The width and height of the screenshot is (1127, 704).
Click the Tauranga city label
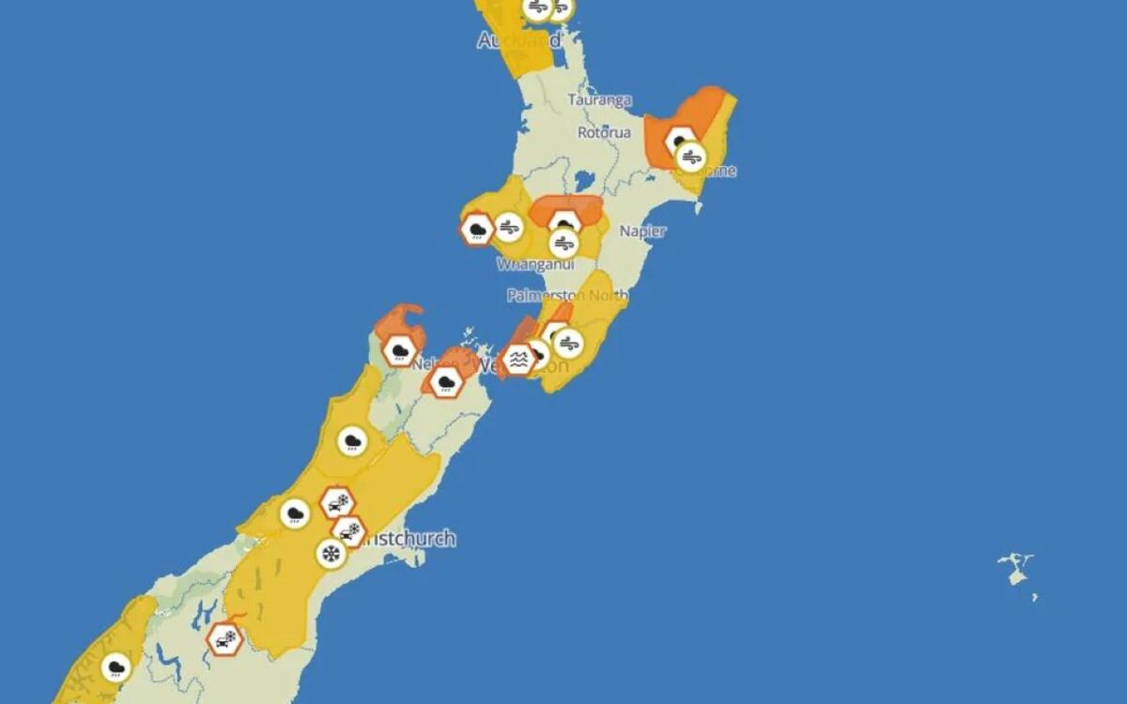pos(599,99)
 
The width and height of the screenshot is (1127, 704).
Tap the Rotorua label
pos(604,132)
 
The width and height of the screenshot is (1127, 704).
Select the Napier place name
pos(643,231)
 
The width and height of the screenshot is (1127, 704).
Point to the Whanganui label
pos(535,265)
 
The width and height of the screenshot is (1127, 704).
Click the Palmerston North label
pos(567,295)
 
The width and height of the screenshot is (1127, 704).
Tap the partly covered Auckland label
pos(519,40)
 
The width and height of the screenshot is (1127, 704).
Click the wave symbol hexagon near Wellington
pos(517,359)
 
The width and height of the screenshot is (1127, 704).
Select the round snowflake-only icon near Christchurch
pos(331,554)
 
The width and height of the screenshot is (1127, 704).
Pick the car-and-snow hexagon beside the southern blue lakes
pos(225,640)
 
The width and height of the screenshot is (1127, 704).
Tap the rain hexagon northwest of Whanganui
pos(477,228)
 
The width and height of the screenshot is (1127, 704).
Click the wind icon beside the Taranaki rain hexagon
pos(509,226)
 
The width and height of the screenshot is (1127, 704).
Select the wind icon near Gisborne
pos(690,156)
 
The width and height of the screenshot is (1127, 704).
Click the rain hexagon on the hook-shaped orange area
pos(400,350)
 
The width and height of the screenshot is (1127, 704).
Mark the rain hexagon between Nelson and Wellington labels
pos(443,381)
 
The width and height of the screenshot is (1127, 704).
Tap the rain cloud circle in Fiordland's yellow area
pos(116,666)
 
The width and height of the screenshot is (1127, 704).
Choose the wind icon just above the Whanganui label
pos(563,243)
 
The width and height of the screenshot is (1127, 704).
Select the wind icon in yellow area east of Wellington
pos(567,344)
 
